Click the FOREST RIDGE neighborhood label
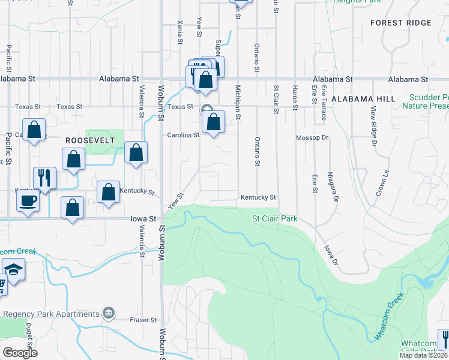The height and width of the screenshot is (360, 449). click(x=401, y=23)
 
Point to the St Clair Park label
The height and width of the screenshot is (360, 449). click(x=275, y=219)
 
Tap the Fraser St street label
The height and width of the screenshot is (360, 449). click(x=143, y=320)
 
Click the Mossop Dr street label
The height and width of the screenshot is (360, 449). click(x=313, y=137)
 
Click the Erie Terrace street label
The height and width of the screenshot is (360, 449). click(x=323, y=103)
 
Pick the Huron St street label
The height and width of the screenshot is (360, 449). click(x=295, y=97)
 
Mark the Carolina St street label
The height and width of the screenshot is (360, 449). click(x=183, y=135)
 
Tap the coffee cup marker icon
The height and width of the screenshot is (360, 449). click(x=28, y=200)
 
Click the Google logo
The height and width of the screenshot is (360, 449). click(x=20, y=352)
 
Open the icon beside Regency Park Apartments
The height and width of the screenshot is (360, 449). click(x=109, y=313)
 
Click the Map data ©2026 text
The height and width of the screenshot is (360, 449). click(x=423, y=355)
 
